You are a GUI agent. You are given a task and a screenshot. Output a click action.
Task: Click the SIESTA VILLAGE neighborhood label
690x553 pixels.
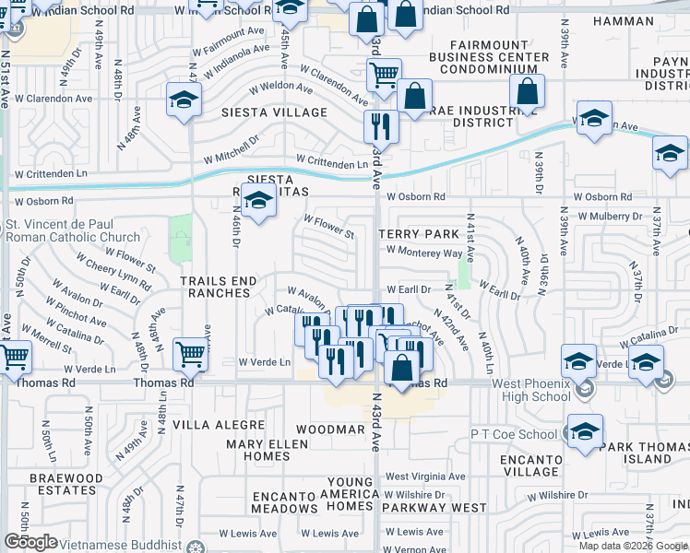click(274, 112)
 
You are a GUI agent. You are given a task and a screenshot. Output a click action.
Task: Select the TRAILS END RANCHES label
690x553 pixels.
click(215, 287)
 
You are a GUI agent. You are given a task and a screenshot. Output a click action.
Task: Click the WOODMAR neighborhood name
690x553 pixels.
click(330, 430)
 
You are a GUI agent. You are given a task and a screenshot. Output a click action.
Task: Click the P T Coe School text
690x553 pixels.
click(514, 434)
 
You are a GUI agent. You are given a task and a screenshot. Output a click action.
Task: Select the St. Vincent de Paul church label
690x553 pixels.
click(73, 229)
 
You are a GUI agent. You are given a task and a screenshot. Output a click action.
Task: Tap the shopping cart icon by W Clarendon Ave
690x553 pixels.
click(384, 75)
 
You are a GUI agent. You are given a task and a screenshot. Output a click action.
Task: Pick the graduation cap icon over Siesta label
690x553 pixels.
click(259, 199)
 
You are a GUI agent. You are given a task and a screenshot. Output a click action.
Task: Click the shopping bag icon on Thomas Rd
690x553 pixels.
click(402, 367)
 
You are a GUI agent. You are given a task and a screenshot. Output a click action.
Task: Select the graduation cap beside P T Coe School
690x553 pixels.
click(585, 431)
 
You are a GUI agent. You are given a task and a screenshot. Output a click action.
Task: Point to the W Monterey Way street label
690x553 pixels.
click(424, 253)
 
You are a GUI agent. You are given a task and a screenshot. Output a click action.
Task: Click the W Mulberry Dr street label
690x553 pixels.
click(608, 217)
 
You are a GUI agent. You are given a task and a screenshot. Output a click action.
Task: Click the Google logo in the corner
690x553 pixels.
click(30, 542)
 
